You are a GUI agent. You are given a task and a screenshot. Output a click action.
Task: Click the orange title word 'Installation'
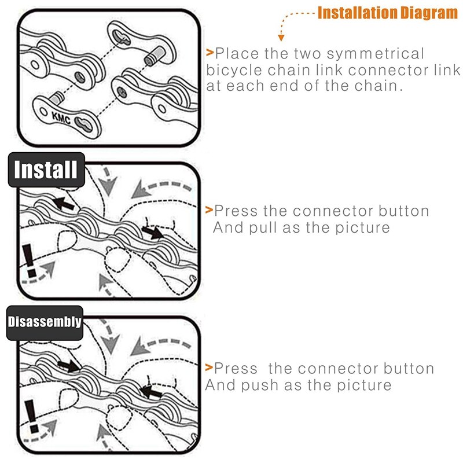click(357, 13)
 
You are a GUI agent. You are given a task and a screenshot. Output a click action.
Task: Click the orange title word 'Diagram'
click(429, 13)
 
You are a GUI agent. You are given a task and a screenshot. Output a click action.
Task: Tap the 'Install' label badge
click(46, 170)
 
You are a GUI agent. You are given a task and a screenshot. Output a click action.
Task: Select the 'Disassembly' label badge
click(45, 322)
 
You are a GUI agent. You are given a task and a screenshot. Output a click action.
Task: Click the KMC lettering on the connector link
click(61, 117)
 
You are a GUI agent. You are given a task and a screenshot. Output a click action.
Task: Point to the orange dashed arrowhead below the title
click(281, 38)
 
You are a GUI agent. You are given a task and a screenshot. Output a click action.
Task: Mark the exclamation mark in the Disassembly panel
click(32, 416)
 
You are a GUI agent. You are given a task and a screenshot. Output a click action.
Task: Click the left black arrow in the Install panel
click(64, 204)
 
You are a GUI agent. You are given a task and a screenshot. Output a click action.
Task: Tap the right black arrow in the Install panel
click(152, 232)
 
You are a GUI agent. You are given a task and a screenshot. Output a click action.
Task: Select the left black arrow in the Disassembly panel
click(68, 366)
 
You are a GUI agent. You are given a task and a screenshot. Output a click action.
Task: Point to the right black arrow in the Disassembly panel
click(151, 392)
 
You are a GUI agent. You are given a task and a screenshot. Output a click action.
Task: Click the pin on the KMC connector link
click(57, 98)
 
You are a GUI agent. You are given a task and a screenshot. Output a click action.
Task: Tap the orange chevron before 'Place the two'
click(210, 53)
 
